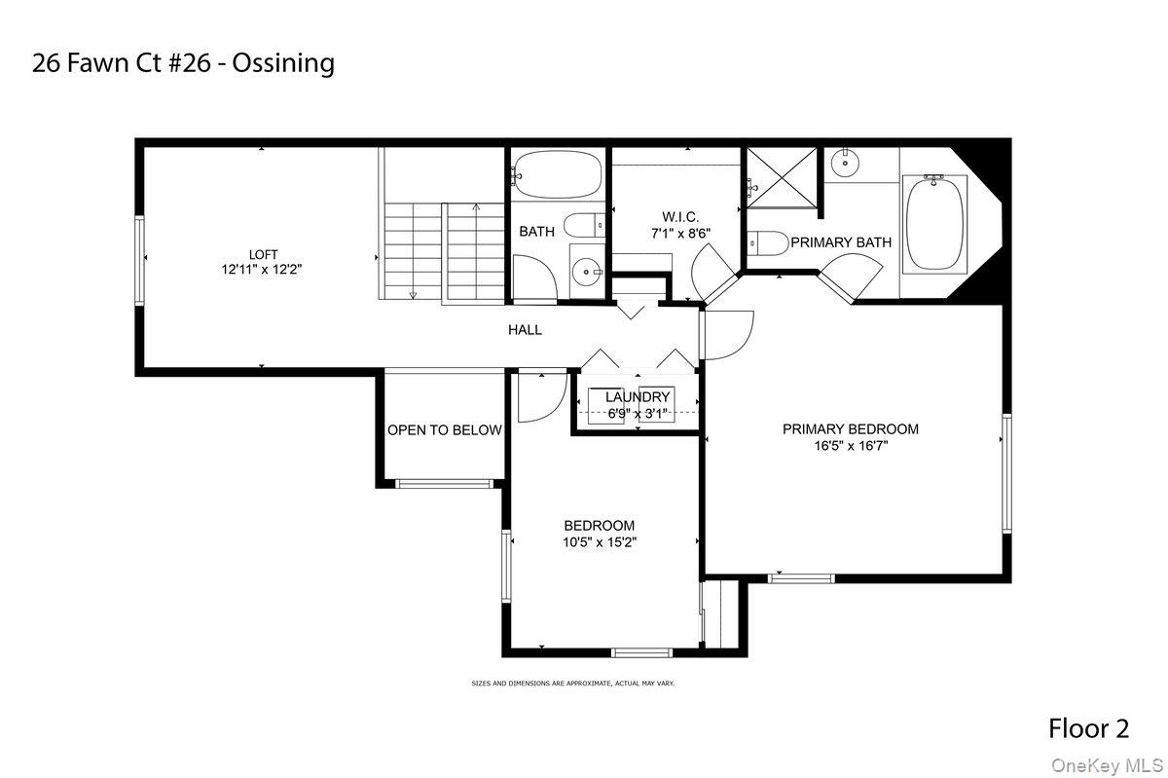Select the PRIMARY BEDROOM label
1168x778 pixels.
click(x=850, y=428)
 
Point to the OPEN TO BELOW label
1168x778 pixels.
click(x=444, y=430)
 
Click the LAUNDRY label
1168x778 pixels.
click(x=638, y=397)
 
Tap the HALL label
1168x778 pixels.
click(x=525, y=330)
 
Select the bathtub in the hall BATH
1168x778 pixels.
click(x=556, y=175)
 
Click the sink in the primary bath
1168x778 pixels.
click(x=844, y=164)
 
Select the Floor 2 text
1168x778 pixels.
click(x=1088, y=727)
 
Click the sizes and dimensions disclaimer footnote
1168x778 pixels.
click(x=572, y=684)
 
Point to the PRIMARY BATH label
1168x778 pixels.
click(x=840, y=241)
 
